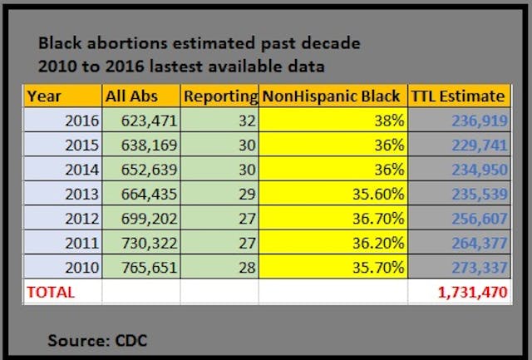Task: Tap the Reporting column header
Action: click(219, 96)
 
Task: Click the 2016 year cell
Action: click(80, 120)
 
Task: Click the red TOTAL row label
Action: click(51, 293)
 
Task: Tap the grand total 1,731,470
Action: click(469, 293)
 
